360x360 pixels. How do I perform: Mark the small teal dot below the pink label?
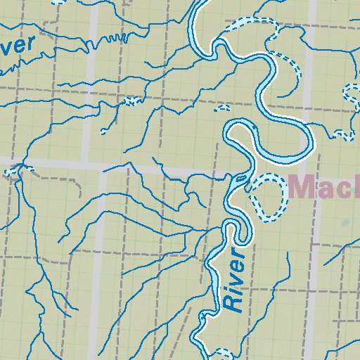345,223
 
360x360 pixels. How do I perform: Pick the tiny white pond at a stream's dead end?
105,131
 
